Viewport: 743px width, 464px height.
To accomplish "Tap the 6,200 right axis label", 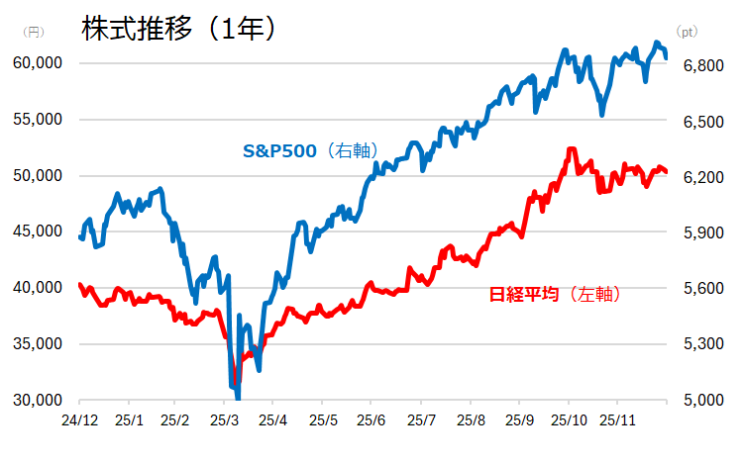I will (x=700, y=177).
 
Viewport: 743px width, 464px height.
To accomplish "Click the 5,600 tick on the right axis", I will (x=700, y=289).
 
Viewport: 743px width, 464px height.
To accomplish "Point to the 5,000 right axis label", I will (x=700, y=401).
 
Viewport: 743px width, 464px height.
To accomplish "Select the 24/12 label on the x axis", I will (x=78, y=420).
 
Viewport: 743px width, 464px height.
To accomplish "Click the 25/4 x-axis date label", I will (x=273, y=420).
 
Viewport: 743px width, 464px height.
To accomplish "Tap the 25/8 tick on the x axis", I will (x=469, y=420).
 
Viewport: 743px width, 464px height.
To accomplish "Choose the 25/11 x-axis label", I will (x=617, y=420).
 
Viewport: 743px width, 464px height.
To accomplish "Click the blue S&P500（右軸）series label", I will (x=310, y=151).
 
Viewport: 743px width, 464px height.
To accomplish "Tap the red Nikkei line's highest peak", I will (x=572, y=149).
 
